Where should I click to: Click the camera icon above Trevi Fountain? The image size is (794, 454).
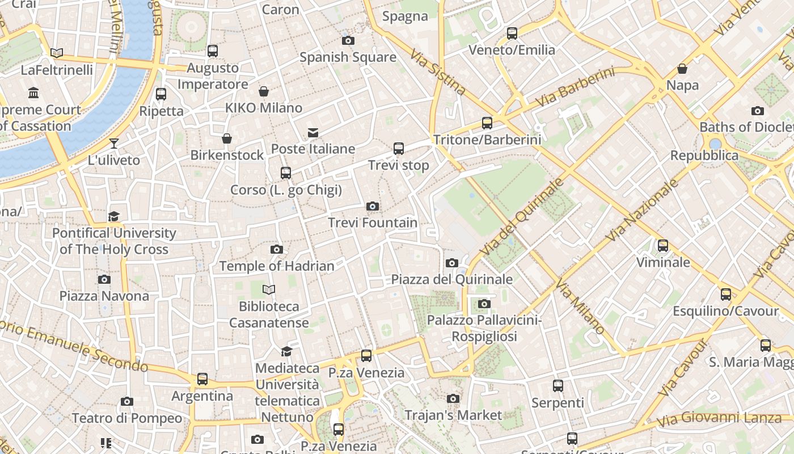373,206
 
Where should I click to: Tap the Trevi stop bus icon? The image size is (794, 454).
399,149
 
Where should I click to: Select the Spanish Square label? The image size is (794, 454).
348,57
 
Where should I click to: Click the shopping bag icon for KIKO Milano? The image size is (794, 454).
264,91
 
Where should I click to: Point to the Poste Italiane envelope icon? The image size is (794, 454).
312,133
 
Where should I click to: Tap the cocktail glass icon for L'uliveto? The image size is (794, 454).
114,143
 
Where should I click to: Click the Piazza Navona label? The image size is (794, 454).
104,296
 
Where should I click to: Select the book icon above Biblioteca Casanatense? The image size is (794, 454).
269,290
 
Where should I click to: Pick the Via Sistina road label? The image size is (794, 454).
438,73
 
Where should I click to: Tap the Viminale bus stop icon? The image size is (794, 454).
663,246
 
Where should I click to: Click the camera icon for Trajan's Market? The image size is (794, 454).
453,399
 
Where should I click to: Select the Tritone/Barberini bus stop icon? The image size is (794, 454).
487,123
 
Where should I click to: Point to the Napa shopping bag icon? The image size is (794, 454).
682,69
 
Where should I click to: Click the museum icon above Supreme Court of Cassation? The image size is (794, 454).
33,93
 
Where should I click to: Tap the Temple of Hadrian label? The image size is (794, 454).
277,266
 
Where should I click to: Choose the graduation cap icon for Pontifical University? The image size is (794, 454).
114,216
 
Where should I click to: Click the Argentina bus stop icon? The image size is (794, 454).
202,379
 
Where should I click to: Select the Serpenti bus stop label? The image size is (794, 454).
558,402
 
